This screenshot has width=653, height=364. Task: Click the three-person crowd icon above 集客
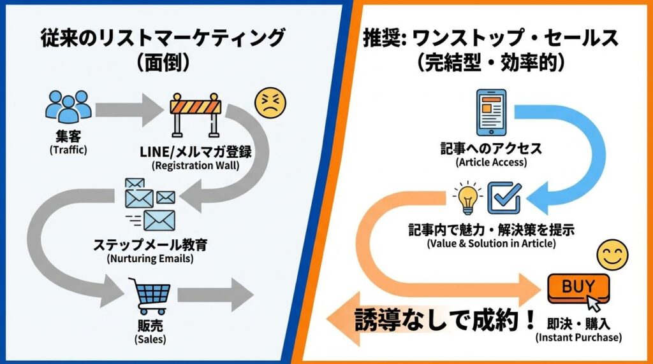pyautogui.click(x=68, y=107)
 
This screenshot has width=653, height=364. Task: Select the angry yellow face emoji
pyautogui.click(x=270, y=102)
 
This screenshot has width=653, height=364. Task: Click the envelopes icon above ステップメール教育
pyautogui.click(x=150, y=203)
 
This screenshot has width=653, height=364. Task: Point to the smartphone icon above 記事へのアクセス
pyautogui.click(x=491, y=113)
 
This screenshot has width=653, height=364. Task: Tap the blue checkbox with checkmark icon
pyautogui.click(x=504, y=197)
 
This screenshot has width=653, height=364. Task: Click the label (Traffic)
pyautogui.click(x=68, y=151)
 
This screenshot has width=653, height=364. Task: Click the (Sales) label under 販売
pyautogui.click(x=150, y=339)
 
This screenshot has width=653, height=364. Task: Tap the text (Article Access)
pyautogui.click(x=491, y=162)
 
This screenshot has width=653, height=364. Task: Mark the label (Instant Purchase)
pyautogui.click(x=578, y=337)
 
